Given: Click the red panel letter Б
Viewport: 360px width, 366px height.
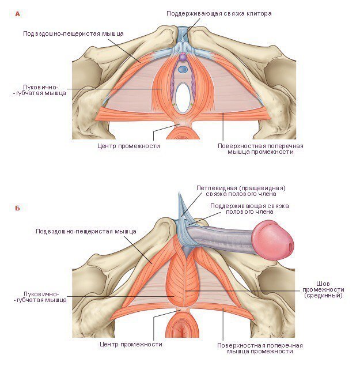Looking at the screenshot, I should click(x=17, y=208).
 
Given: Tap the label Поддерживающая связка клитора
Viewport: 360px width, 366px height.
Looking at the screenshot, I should click(x=218, y=13).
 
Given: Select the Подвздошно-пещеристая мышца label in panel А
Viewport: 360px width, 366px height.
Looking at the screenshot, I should click(x=73, y=33).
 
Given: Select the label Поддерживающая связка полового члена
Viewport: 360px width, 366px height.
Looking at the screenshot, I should click(x=249, y=209).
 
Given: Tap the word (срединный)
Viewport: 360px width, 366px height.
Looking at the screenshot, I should click(x=323, y=296).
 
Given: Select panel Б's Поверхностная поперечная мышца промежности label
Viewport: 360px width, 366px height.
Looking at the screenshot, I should click(x=260, y=348).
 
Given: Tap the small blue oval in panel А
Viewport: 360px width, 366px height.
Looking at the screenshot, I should click(x=183, y=69).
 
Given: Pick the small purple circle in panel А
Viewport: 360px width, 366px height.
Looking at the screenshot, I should click(x=183, y=58).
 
